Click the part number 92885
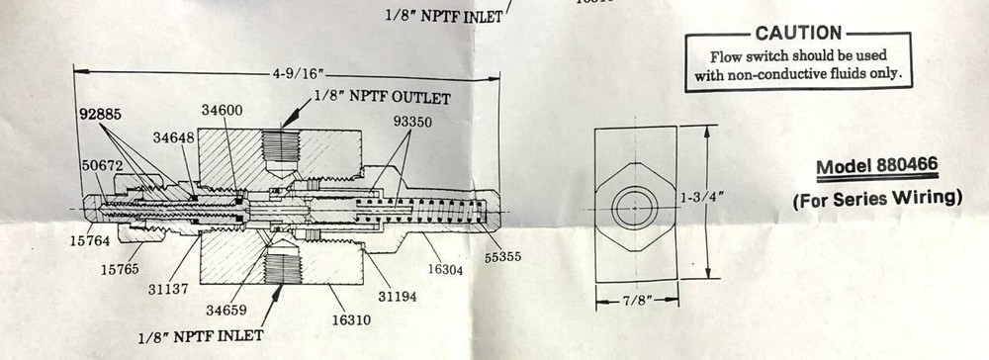[100, 115]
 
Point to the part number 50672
[103, 165]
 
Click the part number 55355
[501, 257]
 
